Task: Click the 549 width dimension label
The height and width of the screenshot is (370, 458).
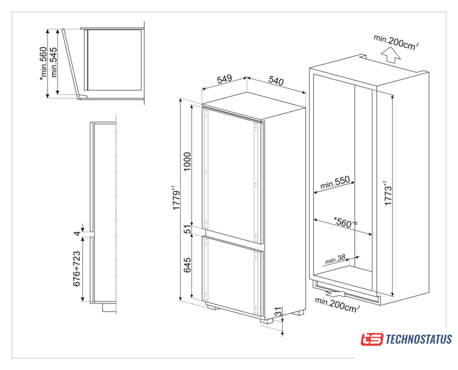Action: (224, 79)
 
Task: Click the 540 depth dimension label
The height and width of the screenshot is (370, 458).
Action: (276, 80)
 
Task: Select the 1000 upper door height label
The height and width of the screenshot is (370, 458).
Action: (186, 161)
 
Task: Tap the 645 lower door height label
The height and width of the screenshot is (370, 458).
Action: (187, 265)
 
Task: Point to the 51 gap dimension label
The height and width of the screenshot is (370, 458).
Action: (187, 229)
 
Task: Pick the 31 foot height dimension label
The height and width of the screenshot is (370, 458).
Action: (279, 312)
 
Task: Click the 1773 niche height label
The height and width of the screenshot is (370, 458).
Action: (388, 193)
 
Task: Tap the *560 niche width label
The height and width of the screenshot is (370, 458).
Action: (345, 223)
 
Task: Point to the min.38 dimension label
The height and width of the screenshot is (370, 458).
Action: (335, 259)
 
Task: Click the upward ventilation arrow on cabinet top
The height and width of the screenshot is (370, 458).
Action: (391, 55)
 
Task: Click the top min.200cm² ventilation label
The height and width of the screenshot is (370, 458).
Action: (397, 42)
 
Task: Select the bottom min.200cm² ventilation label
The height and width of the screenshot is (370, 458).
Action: (337, 305)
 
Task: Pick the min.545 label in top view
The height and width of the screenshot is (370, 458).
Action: (54, 62)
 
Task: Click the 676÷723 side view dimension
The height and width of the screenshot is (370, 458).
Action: (76, 269)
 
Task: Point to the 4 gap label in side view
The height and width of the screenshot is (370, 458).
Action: (76, 233)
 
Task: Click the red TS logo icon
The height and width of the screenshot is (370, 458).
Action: (372, 339)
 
